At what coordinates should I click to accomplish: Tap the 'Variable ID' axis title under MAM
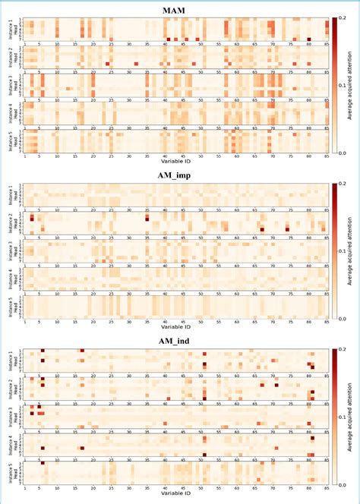tap(176, 162)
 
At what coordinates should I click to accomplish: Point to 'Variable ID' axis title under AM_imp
tap(176, 328)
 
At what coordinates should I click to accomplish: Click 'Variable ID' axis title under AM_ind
tap(176, 494)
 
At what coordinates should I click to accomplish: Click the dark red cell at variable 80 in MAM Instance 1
tap(309, 39)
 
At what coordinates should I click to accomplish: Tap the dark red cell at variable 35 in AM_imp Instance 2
tap(147, 217)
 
